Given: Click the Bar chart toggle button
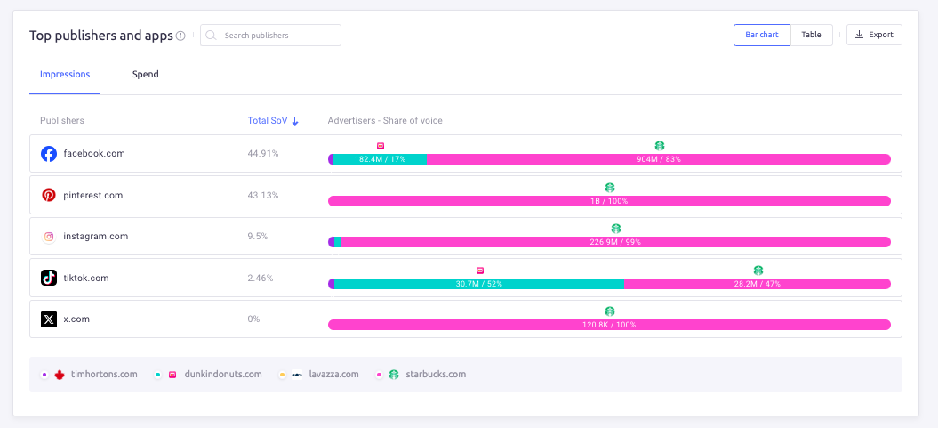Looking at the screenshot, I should [x=761, y=35].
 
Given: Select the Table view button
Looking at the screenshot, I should [x=811, y=35].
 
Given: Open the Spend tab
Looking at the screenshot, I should [x=146, y=75].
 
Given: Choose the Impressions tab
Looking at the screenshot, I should [x=65, y=75].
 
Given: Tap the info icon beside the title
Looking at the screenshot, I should [x=180, y=36].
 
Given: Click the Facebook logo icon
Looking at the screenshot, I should [x=49, y=154].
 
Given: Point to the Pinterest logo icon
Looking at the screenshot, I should [x=49, y=195].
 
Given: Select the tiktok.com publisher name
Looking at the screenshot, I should [x=86, y=278].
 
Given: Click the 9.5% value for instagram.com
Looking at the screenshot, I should [x=257, y=237].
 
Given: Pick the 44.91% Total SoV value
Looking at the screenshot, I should [x=262, y=154].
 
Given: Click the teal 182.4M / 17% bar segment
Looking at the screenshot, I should [x=380, y=159].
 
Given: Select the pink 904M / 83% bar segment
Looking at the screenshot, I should [x=658, y=159].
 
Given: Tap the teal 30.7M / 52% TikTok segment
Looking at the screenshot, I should [x=479, y=284].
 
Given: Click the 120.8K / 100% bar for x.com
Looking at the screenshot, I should [x=609, y=325].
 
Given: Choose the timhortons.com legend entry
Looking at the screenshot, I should [x=96, y=375].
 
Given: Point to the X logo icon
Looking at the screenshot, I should [x=49, y=319].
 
